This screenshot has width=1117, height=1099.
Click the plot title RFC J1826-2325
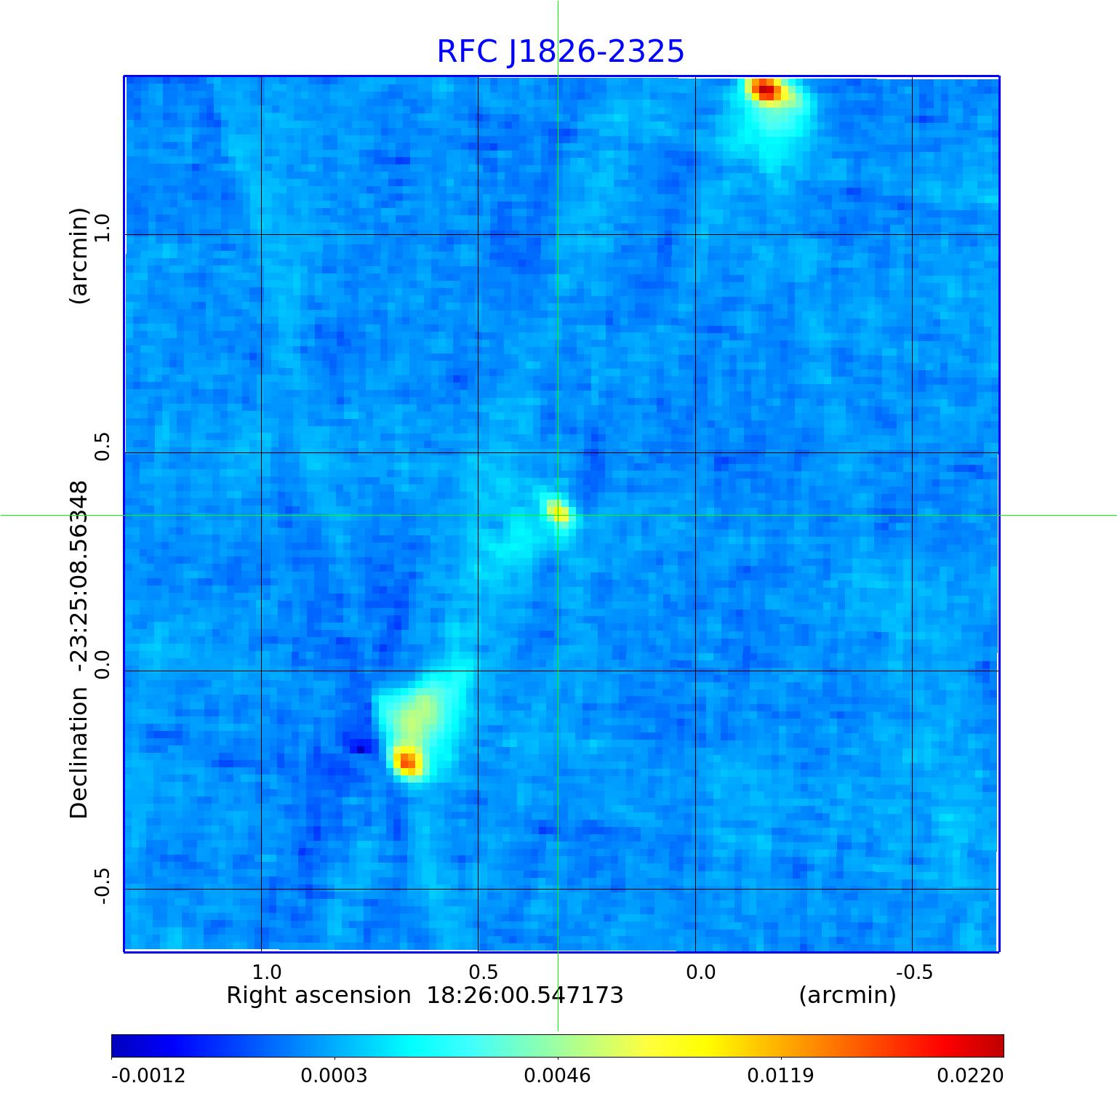(x=561, y=52)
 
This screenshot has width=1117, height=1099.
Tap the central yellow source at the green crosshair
(x=558, y=513)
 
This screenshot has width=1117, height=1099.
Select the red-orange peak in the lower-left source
(x=408, y=761)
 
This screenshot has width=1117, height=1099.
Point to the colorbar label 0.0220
(x=969, y=1075)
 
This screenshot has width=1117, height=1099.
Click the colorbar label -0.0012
(x=148, y=1075)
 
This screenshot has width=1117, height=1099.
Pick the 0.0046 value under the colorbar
(x=557, y=1075)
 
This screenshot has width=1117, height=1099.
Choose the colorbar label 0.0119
(x=780, y=1075)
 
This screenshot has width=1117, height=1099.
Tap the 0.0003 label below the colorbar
(x=334, y=1075)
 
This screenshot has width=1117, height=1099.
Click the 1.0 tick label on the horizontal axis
(x=266, y=972)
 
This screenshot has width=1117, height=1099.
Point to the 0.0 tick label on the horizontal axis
(x=700, y=972)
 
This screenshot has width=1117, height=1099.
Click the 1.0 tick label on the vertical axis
(x=102, y=228)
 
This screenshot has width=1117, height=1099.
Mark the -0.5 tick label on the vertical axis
(x=102, y=887)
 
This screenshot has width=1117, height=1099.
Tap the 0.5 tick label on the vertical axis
(x=102, y=446)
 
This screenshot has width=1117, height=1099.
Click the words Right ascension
(x=319, y=996)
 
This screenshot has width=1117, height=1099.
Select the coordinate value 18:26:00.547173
(x=524, y=996)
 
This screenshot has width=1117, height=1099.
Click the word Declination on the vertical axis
(x=79, y=752)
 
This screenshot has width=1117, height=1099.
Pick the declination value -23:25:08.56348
(x=79, y=579)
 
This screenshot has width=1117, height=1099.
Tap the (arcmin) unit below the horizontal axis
(x=847, y=996)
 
